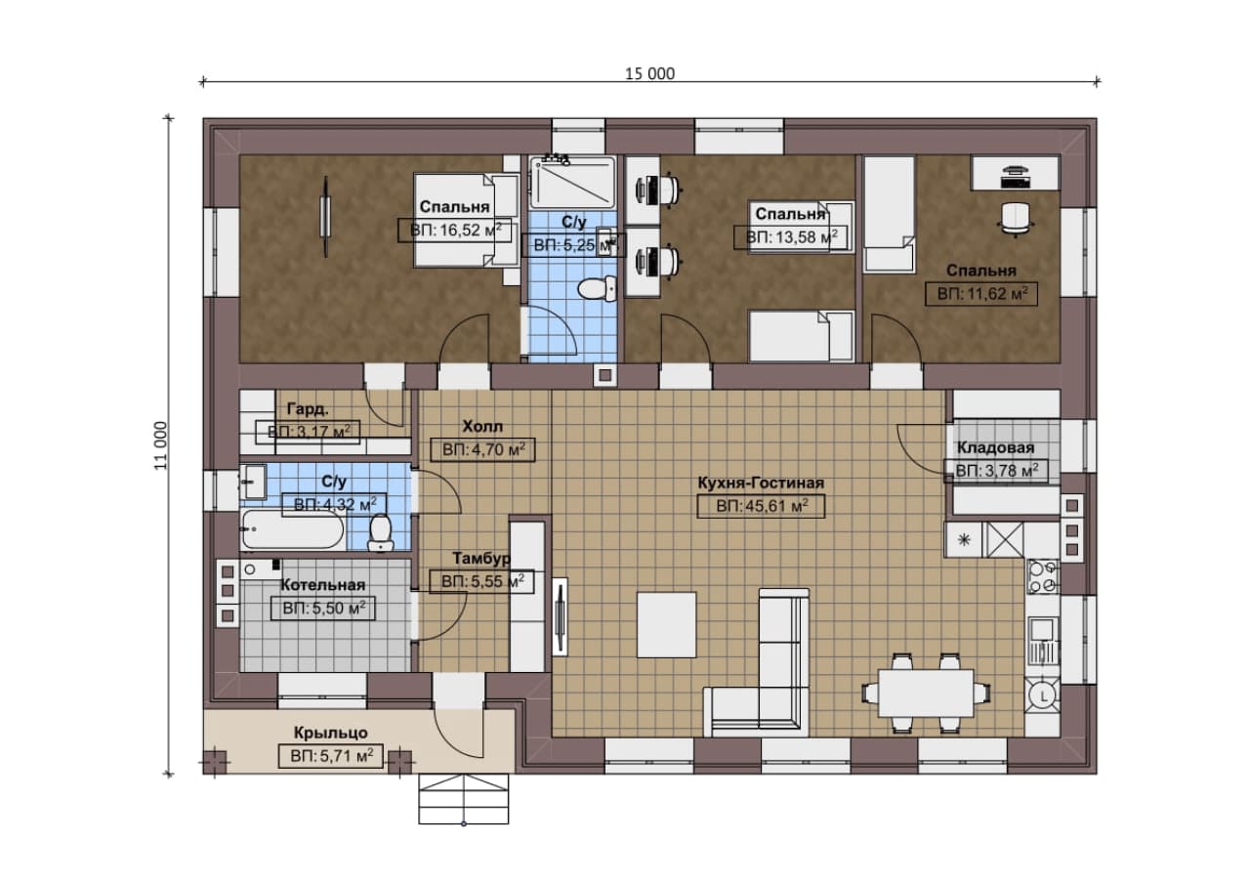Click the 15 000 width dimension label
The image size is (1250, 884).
pyautogui.click(x=649, y=73)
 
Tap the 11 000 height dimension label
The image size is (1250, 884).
pyautogui.click(x=161, y=445)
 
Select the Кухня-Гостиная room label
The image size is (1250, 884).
pyautogui.click(x=761, y=483)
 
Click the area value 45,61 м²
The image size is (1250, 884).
pyautogui.click(x=762, y=506)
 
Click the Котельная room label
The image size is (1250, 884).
pyautogui.click(x=322, y=585)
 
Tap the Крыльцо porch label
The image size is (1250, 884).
pyautogui.click(x=331, y=733)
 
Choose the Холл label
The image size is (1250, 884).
pyautogui.click(x=482, y=427)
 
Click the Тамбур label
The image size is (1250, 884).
pyautogui.click(x=481, y=558)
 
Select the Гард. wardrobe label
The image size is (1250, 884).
pyautogui.click(x=308, y=409)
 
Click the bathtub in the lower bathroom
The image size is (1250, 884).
pyautogui.click(x=293, y=529)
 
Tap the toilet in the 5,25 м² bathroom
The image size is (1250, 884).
pyautogui.click(x=598, y=288)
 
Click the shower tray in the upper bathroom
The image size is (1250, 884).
pyautogui.click(x=572, y=182)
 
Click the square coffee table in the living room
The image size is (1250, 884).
pyautogui.click(x=667, y=625)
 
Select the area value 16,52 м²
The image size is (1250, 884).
pyautogui.click(x=455, y=230)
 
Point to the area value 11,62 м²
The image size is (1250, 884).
pyautogui.click(x=982, y=294)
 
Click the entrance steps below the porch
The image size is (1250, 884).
pyautogui.click(x=464, y=799)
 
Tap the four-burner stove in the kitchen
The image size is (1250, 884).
pyautogui.click(x=1043, y=576)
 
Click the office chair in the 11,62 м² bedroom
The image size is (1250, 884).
pyautogui.click(x=1016, y=218)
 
